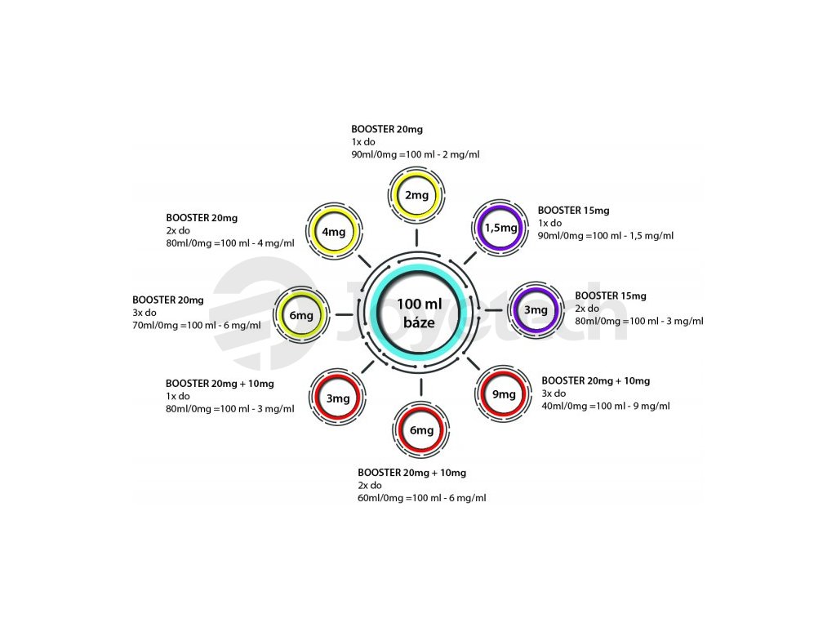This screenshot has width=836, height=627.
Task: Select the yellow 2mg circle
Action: point(416,195)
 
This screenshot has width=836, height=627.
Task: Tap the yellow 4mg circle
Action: point(334,232)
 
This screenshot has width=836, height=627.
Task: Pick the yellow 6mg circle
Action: point(300,315)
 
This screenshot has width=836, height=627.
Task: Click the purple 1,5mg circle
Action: point(500,228)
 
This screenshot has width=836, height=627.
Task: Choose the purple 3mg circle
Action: point(535,309)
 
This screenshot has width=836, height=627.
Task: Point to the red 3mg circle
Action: point(338,398)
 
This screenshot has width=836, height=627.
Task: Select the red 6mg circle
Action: point(421,430)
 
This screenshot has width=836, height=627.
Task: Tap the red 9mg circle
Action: point(504,394)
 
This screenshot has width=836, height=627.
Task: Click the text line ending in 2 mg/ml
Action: point(416,154)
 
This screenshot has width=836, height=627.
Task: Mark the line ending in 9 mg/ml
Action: point(606,406)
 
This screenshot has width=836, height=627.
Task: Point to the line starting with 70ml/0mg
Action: point(197,326)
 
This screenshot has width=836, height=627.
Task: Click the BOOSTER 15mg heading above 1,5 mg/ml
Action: point(573,211)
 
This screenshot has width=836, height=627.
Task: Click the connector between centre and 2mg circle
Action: point(417,238)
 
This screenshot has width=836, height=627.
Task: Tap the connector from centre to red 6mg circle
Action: point(420,386)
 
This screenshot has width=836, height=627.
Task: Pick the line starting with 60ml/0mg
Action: point(422,498)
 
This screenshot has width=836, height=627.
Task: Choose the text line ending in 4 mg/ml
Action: point(230,243)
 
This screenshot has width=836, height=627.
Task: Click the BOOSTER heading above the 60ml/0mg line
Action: point(411,473)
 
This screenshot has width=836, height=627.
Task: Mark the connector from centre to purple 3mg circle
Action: point(492,310)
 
